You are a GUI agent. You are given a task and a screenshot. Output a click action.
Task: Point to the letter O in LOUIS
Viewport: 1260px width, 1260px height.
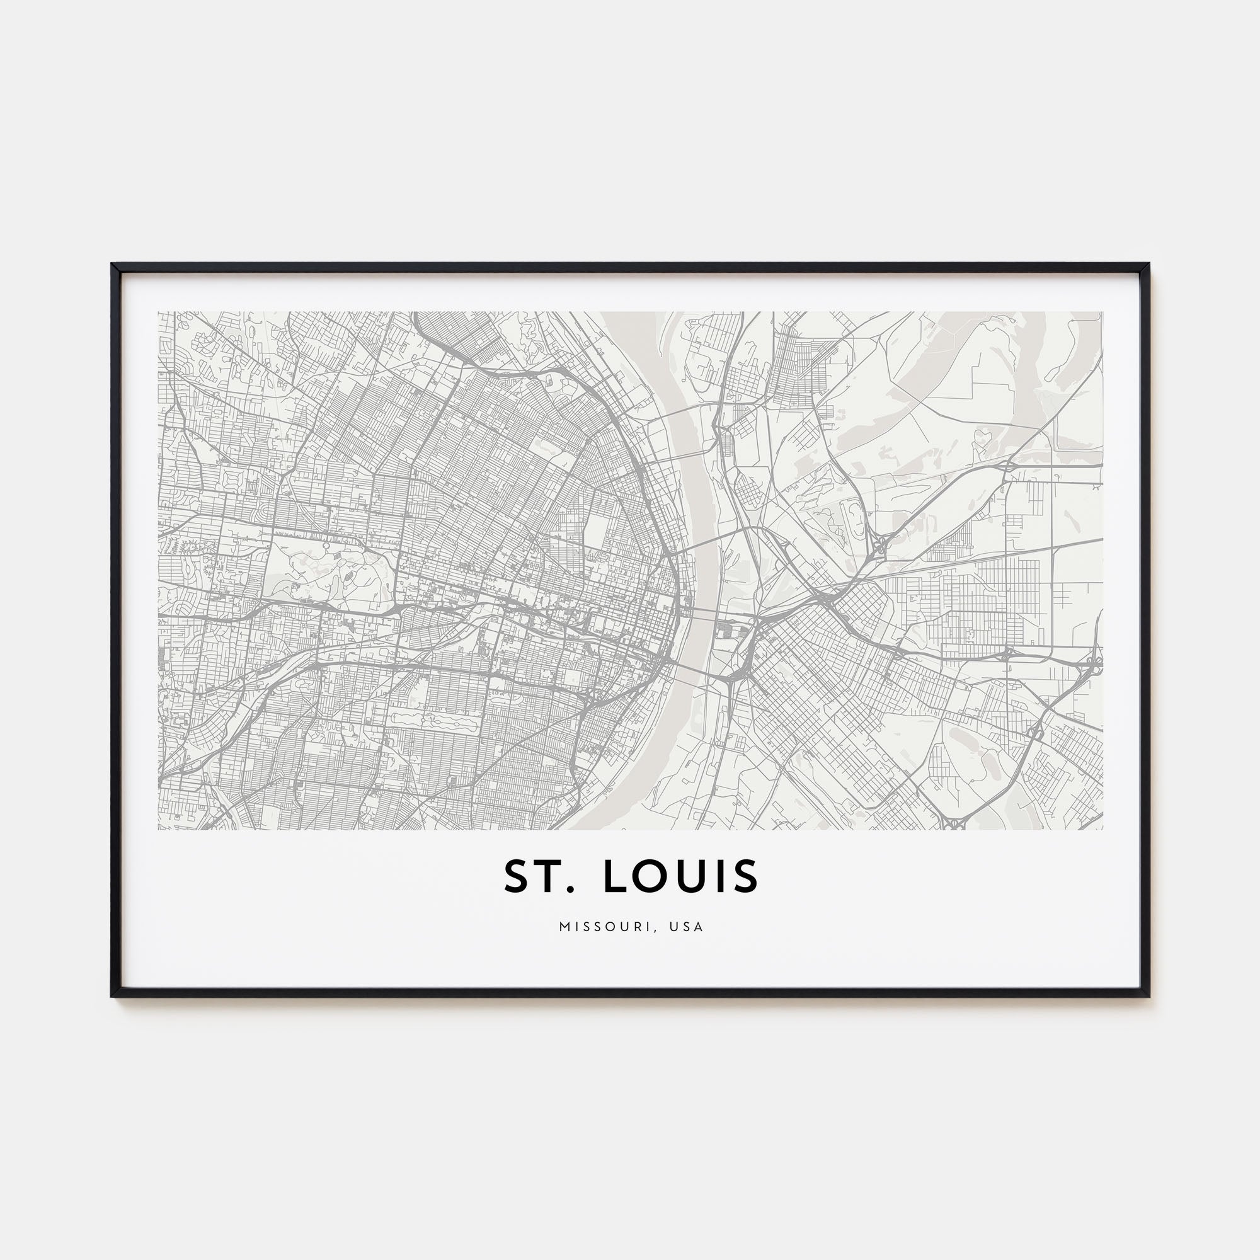tap(659, 876)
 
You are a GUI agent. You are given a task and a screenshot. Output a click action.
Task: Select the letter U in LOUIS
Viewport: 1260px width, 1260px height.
tap(701, 876)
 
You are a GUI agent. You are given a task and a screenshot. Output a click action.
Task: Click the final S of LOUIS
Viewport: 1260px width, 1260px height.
tap(747, 876)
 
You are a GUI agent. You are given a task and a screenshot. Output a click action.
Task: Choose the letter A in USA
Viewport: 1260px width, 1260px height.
tap(699, 927)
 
